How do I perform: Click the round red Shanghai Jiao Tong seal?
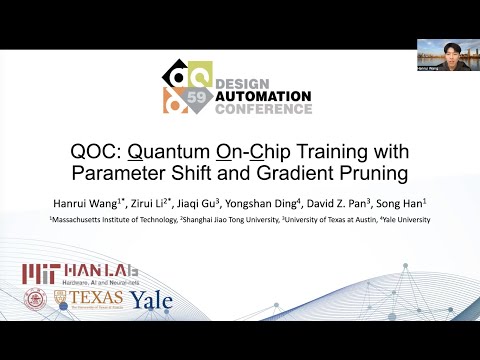pos(36,299)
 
